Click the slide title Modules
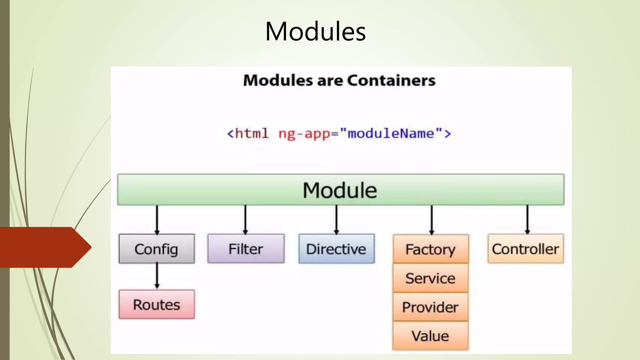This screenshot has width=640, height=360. pos(315,32)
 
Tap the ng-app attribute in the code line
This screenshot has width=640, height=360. pos(304,134)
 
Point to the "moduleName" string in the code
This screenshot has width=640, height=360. pos(391,134)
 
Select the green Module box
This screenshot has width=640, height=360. pos(341,190)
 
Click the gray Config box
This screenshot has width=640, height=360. pos(157,249)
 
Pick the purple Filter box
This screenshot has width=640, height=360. pos(246,249)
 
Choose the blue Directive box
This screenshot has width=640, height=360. pos(336,249)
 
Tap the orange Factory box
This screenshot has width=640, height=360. pos(431,249)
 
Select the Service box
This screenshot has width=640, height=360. pos(431,278)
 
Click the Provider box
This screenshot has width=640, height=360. pos(431,307)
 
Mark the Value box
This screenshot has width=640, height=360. pos(431,336)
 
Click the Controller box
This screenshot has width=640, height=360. pos(525,249)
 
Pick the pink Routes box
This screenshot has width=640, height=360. pos(157,304)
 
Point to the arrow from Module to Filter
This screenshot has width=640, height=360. pos(245,219)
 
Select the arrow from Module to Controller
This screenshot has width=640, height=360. pos(527,219)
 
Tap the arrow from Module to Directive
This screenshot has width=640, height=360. pos(337,219)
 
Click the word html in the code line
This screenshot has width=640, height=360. pos(251,134)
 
